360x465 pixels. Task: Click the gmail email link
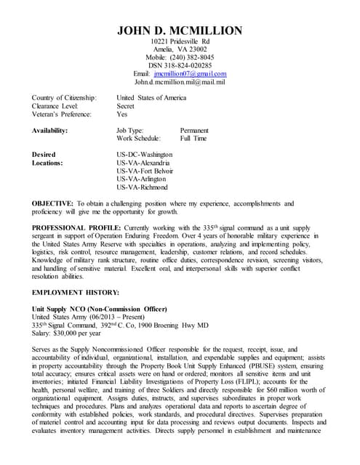[x=190, y=73]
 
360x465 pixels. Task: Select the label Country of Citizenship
[x=64, y=97]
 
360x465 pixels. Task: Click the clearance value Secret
[x=126, y=106]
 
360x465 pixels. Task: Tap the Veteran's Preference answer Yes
[x=122, y=114]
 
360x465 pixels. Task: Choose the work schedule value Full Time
[x=193, y=138]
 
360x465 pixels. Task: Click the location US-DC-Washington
[x=144, y=155]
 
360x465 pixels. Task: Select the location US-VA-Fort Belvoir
[x=145, y=171]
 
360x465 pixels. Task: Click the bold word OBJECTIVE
[x=52, y=203]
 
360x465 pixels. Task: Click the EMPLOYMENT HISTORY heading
[x=75, y=292]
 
